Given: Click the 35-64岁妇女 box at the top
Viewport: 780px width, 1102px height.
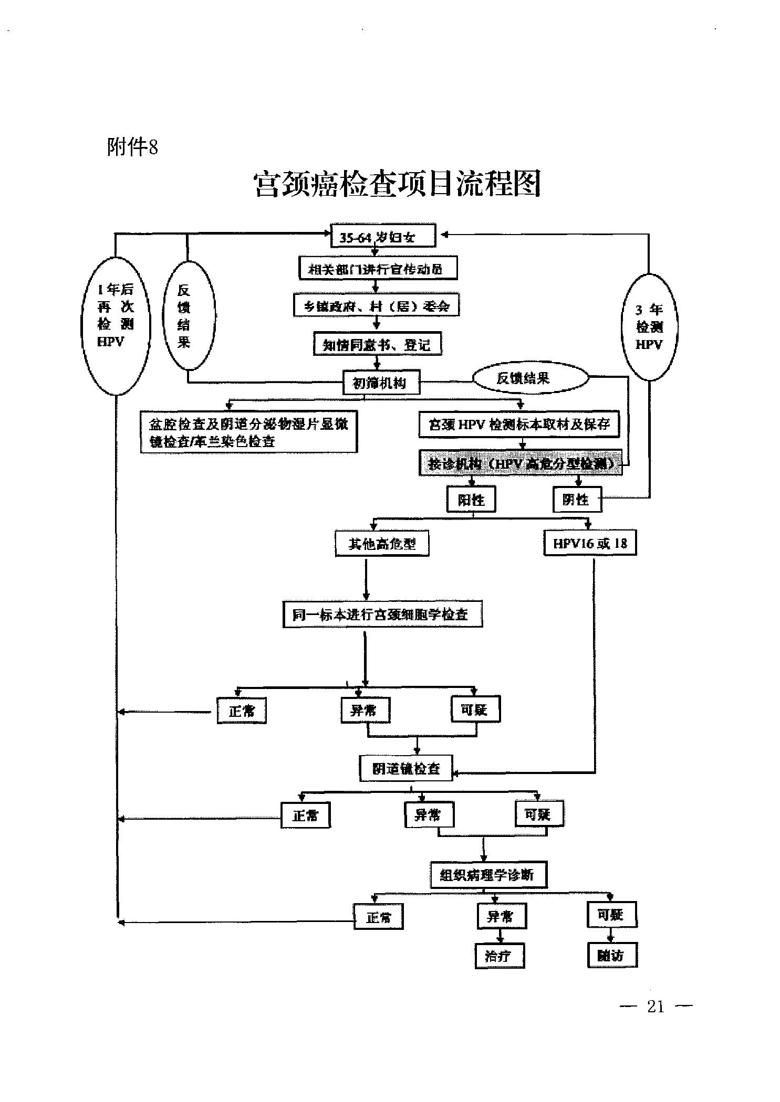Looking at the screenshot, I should point(382,237).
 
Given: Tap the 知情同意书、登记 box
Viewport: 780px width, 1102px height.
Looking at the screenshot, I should point(377,344).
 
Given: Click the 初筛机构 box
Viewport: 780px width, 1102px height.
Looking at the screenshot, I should point(381,383).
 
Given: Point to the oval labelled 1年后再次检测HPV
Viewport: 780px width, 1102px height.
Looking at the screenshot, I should point(116,325).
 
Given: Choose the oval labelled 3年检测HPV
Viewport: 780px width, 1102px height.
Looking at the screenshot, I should point(649,326).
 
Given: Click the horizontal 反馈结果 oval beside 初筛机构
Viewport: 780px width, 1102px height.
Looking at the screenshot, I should point(531,378).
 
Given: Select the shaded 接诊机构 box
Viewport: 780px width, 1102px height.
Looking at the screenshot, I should point(520,463).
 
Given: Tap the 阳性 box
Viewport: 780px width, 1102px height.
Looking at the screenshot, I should point(471,499).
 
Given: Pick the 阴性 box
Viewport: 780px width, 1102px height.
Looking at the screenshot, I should point(577,499).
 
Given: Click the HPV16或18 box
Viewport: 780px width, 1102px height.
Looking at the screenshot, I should point(590,543).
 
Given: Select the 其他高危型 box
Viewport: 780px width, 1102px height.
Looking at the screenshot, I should point(382,544).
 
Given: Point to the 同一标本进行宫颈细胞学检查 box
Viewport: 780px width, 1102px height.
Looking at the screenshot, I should point(382,614).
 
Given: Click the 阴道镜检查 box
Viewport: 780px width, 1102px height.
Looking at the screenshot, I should point(406,768).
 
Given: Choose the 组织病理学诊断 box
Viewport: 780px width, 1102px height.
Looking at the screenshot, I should point(488,874).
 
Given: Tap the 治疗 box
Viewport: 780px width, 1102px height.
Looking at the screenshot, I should point(500,956).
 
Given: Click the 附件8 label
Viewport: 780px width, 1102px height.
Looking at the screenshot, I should point(132,147).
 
